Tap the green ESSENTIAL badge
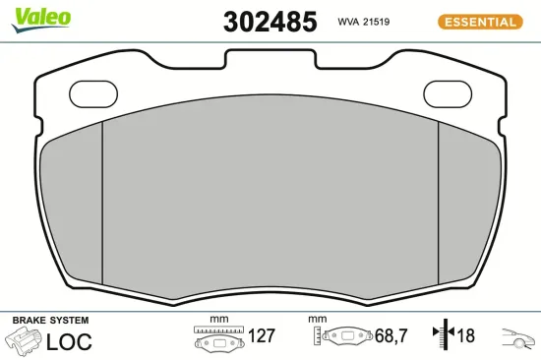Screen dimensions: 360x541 (481, 22)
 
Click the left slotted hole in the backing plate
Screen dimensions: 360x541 (94, 92)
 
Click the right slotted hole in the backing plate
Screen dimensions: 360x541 (448, 92)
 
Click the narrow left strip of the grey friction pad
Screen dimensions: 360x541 (79, 202)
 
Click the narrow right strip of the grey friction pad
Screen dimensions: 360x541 (461, 202)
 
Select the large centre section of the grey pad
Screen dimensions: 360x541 (270, 197)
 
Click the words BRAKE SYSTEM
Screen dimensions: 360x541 (50, 321)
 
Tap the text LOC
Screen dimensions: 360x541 (69, 341)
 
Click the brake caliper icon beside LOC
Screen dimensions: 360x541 (23, 341)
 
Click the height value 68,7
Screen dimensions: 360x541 (390, 336)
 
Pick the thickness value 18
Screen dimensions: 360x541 (464, 336)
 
